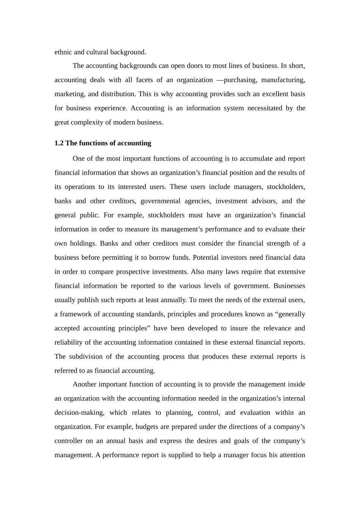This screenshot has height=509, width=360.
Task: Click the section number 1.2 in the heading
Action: (59, 143)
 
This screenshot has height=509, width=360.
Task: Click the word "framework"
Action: (75, 314)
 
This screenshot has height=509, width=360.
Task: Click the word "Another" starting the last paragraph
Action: (85, 384)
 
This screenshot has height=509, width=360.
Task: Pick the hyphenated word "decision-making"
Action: (79, 413)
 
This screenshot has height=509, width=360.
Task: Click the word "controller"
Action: (68, 441)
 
